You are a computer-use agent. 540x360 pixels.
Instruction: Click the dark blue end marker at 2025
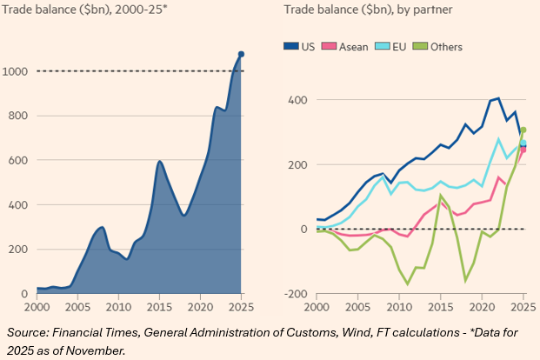[x=241, y=54]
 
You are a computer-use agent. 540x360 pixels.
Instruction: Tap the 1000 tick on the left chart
[x=17, y=71]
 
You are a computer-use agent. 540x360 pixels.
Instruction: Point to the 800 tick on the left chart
[x=18, y=116]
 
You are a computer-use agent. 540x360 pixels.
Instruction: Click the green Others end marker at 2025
[x=523, y=130]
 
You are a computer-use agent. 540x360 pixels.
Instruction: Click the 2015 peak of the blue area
[x=160, y=162]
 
